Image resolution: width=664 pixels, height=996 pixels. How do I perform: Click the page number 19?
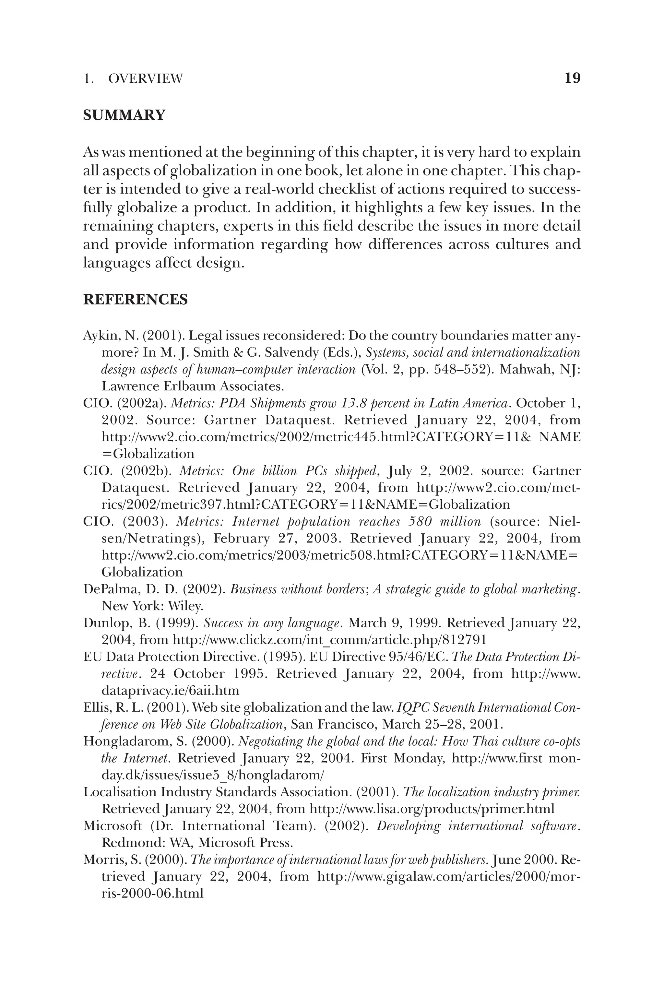point(573,78)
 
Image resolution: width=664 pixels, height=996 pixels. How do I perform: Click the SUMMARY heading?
point(124,115)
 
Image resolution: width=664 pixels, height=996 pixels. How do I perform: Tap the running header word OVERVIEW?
point(146,79)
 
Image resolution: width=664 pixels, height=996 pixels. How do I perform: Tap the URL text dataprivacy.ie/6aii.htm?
point(170,691)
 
